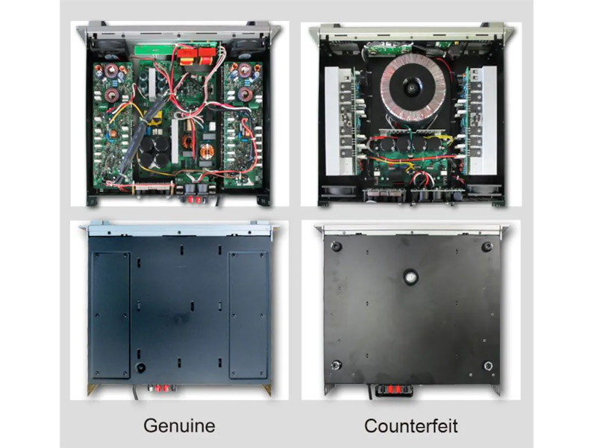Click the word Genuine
pos(179,426)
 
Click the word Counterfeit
pos(411,426)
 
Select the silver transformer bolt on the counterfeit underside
pos(410,277)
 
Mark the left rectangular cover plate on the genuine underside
pos(111,315)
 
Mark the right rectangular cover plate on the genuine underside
pos(249,315)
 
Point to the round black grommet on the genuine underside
pos(140,367)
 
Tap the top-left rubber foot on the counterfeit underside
pos(335,246)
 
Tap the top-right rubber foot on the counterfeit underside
pos(487,246)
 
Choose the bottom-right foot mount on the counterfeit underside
pos(488,367)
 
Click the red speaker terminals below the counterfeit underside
pos(393,390)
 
